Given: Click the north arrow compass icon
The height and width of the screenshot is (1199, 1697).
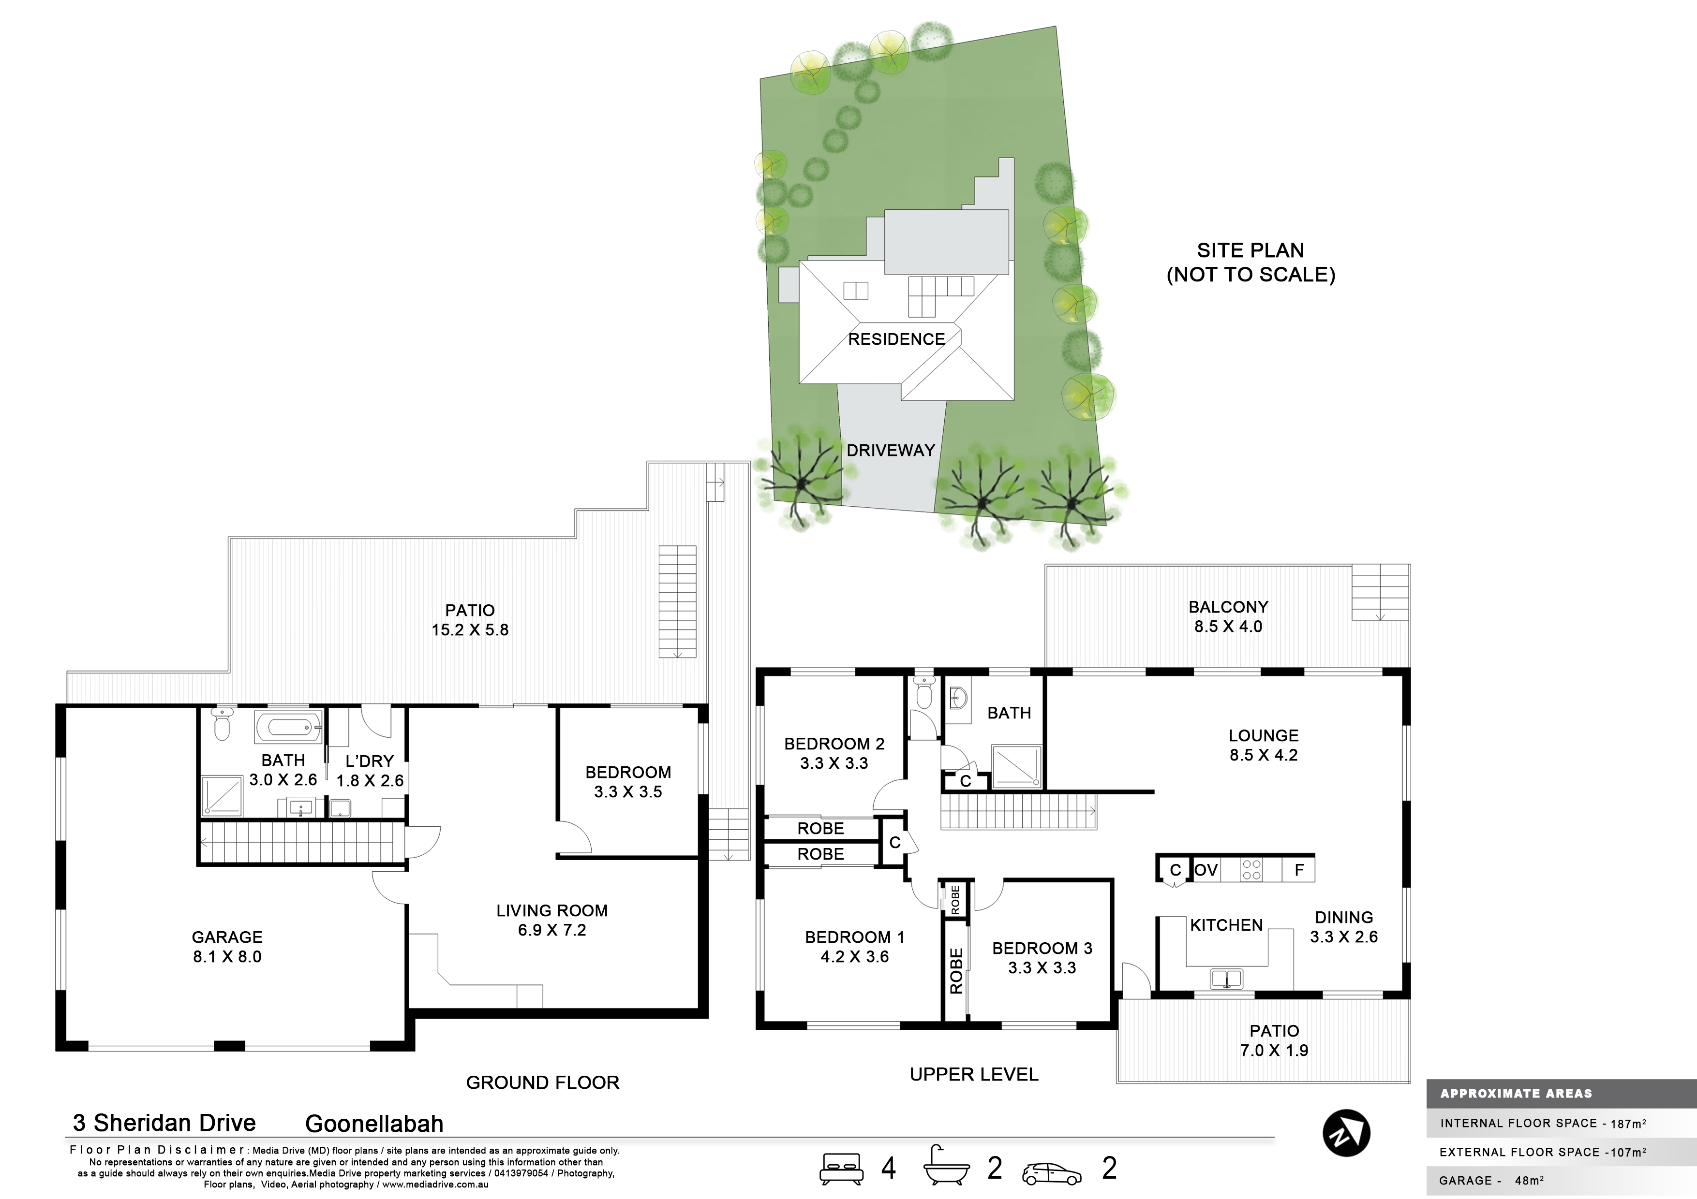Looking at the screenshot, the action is [x=1346, y=1132].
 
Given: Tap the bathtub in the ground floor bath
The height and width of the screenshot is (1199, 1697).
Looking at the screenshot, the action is [x=288, y=728].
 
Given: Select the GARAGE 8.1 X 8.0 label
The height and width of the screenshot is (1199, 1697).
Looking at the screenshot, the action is [x=227, y=946].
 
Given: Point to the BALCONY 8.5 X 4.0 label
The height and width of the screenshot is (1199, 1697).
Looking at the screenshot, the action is [x=1228, y=616].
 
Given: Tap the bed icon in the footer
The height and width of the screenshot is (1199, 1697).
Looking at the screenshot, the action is [x=840, y=1168].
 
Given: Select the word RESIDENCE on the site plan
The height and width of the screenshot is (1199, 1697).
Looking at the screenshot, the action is [x=896, y=339].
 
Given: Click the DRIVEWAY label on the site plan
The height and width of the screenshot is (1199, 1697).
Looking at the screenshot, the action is [x=891, y=450].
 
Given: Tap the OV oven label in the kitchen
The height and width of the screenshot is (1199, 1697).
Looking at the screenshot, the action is [x=1206, y=869].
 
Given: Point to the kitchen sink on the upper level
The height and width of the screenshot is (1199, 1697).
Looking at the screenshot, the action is [x=1226, y=979].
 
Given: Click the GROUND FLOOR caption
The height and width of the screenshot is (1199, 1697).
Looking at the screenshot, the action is [x=542, y=1082].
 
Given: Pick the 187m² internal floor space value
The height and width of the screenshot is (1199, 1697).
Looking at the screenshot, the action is [x=1628, y=1123].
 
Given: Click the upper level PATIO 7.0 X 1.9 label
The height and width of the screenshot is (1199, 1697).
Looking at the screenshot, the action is [x=1274, y=1040].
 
